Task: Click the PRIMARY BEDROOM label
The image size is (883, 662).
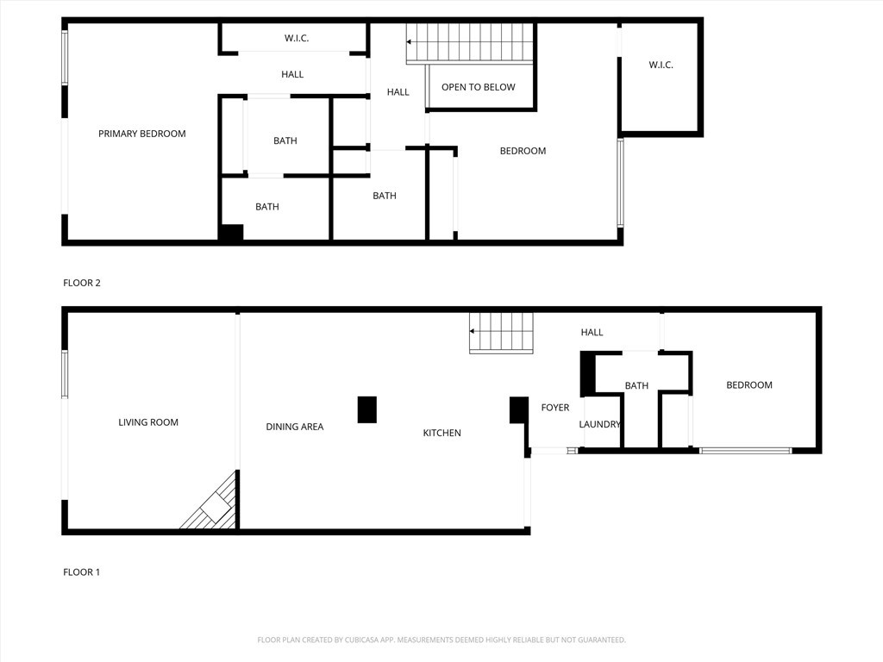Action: tap(141, 134)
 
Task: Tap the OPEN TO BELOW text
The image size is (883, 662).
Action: tap(478, 87)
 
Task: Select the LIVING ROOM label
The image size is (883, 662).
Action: tap(148, 422)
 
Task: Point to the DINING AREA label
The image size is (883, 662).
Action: tap(294, 427)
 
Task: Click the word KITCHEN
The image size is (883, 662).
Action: tap(441, 433)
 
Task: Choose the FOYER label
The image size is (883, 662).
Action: tap(554, 408)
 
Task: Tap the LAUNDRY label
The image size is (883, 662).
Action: tap(599, 424)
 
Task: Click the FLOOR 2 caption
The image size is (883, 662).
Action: tap(82, 283)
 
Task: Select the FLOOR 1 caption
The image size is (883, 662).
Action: tap(82, 572)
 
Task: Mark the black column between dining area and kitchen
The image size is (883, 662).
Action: tap(366, 409)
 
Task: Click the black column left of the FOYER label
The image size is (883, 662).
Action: tap(518, 410)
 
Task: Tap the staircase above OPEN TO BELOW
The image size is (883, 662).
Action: tap(471, 42)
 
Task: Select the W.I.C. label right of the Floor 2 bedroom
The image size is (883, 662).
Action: tap(661, 66)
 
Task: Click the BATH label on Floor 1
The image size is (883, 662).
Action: tap(636, 385)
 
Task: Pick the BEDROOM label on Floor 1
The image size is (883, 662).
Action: tap(748, 385)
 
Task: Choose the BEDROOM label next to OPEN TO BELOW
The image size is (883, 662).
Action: tap(523, 151)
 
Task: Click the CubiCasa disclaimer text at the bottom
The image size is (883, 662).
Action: tap(441, 640)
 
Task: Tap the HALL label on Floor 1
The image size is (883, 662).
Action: tap(592, 332)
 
